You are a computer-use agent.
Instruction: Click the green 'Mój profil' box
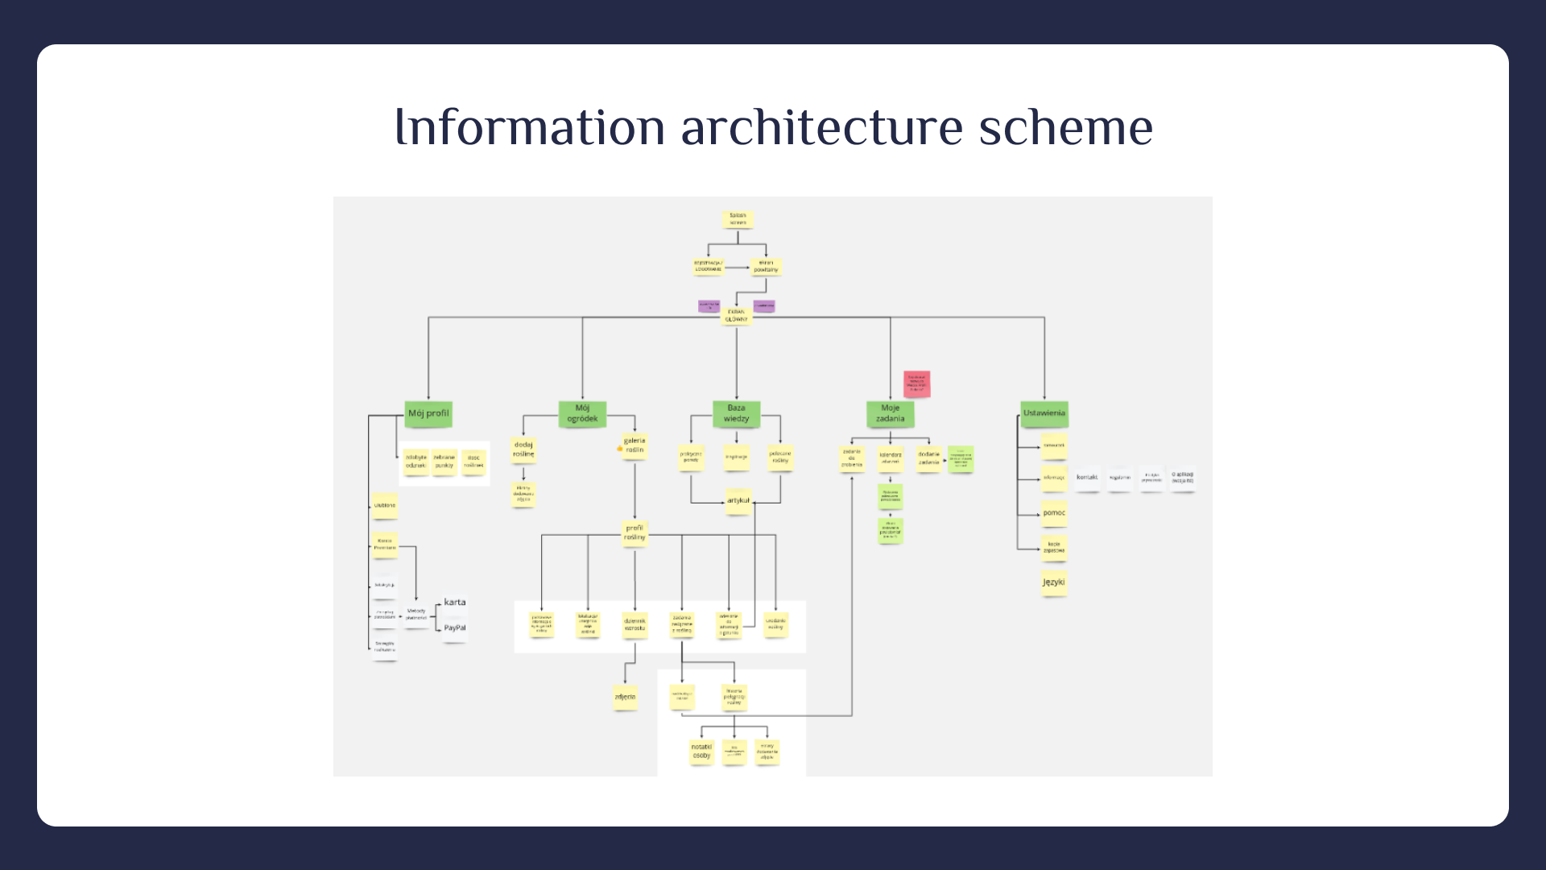(x=428, y=414)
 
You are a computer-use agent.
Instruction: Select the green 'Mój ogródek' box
(x=582, y=414)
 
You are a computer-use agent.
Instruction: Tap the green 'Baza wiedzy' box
(x=736, y=414)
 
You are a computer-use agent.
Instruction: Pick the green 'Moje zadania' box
(x=890, y=414)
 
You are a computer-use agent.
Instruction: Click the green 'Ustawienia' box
(x=1044, y=414)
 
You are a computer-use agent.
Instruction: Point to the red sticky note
(x=916, y=383)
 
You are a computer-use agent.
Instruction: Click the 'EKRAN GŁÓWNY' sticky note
(x=736, y=316)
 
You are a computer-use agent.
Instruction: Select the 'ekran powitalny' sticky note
(x=766, y=266)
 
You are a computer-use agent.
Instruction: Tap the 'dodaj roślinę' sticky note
(x=523, y=449)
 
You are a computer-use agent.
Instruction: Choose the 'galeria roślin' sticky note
(x=635, y=445)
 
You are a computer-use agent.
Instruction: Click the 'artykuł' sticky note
(x=738, y=501)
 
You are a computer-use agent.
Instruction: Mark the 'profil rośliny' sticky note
(x=635, y=533)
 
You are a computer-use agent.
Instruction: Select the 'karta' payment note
(x=455, y=603)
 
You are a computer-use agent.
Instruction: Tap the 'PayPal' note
(x=455, y=628)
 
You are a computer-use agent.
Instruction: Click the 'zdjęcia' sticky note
(x=625, y=698)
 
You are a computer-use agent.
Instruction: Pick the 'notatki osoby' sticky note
(x=701, y=752)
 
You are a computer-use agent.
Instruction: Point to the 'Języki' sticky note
(x=1053, y=582)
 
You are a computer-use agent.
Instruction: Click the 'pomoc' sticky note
(x=1053, y=513)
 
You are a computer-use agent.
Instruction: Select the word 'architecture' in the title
(x=821, y=127)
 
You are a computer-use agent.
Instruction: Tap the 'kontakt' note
(x=1087, y=478)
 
